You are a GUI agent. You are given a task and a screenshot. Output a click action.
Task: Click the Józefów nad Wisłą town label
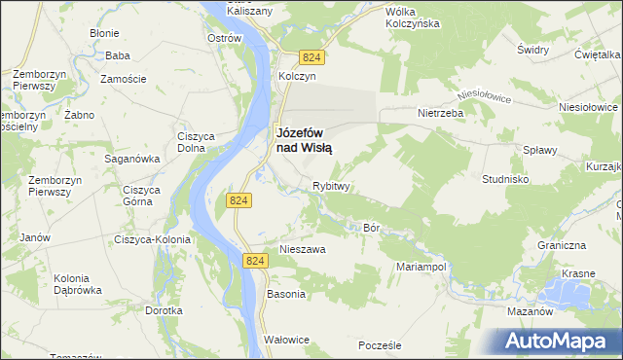coord(305,139)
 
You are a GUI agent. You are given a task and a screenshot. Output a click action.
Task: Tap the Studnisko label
coord(506,180)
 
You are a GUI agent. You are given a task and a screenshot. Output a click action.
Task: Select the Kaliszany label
coord(249,10)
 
